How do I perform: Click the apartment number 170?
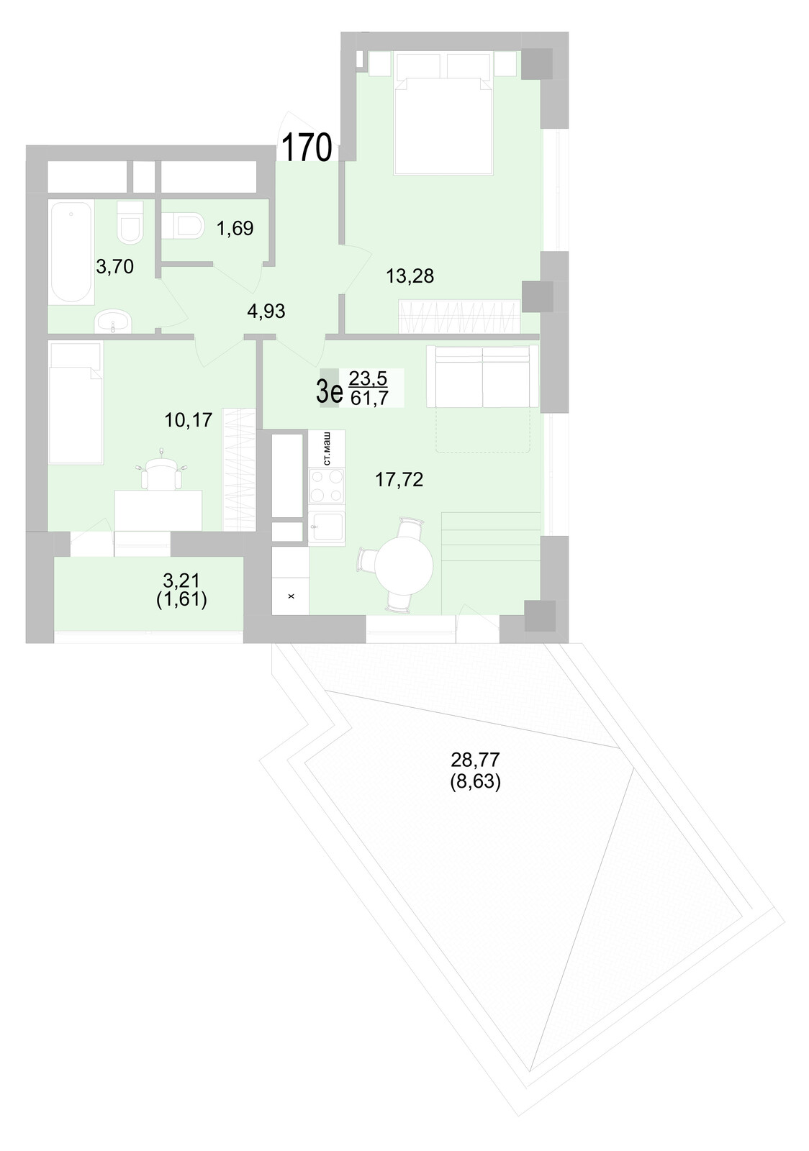[x=306, y=148]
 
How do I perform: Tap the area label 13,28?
[x=410, y=276]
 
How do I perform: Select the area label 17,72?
[x=399, y=480]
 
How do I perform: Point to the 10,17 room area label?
[x=189, y=419]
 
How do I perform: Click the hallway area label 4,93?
[x=266, y=311]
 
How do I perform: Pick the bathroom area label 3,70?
[x=115, y=267]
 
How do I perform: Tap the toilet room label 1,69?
[x=235, y=229]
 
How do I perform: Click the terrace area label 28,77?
[x=475, y=759]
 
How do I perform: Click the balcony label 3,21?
[x=181, y=581]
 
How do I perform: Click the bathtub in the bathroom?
[x=71, y=252]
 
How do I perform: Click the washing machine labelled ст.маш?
[x=327, y=448]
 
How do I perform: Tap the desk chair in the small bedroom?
[x=161, y=473]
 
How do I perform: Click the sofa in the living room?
[x=482, y=376]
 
